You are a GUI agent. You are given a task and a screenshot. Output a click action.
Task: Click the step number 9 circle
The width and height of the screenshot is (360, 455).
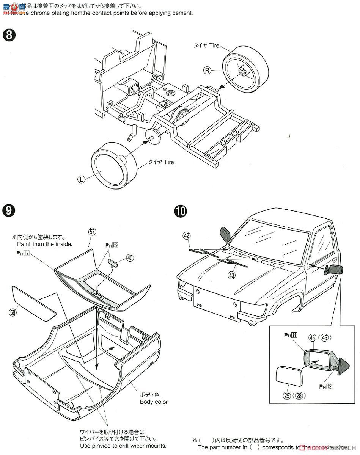coord(9,210)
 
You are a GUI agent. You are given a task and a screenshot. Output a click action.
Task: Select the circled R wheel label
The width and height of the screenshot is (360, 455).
coord(207,70)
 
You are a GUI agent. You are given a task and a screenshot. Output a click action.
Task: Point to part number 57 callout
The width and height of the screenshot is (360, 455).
coord(91,231)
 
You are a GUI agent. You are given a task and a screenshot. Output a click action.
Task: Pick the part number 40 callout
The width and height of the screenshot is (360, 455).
coord(130,257)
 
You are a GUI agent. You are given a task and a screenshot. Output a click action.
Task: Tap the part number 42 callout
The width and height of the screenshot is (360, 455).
coord(186,235)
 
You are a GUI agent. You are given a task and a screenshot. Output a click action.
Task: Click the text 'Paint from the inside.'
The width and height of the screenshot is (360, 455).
coord(45,244)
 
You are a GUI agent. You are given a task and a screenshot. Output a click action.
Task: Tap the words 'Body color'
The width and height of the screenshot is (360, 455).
coord(154,402)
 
